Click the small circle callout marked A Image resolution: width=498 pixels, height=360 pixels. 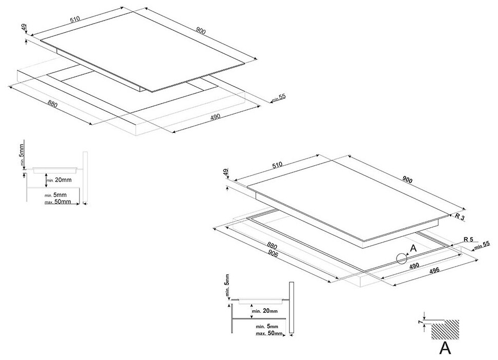pos(401,259)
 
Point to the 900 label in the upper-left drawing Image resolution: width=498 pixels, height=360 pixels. pos(200,31)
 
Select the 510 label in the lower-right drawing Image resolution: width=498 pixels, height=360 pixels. pos(277,165)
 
